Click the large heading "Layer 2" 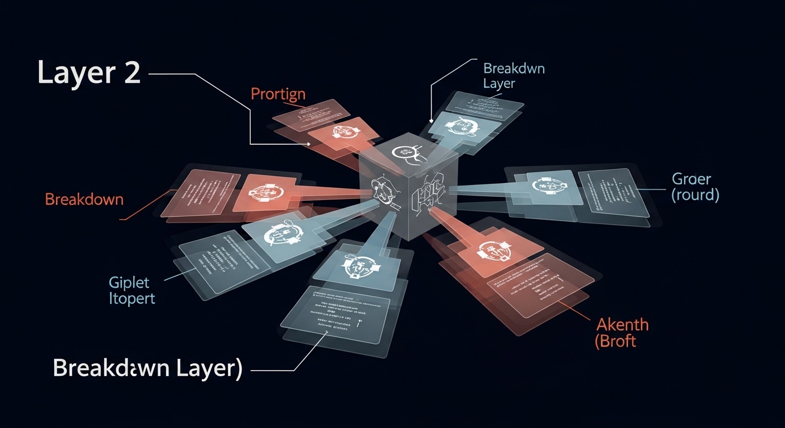(89, 72)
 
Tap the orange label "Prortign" (278, 94)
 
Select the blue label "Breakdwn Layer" (513, 76)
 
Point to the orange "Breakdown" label (84, 199)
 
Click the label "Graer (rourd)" (695, 187)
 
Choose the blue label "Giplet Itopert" (133, 290)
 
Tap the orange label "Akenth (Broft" (622, 332)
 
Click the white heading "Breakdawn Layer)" (147, 368)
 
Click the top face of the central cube (409, 150)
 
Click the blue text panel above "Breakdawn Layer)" (335, 315)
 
